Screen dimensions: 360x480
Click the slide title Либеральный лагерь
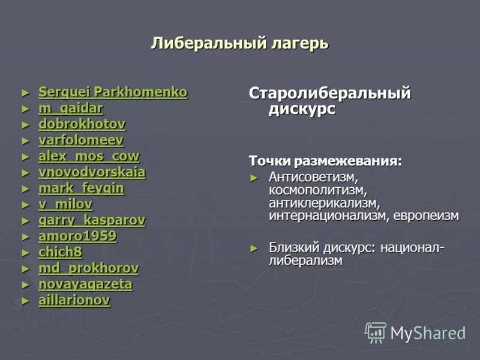point(239,43)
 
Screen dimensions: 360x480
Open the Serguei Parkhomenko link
point(113,92)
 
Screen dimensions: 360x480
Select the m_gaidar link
point(71,109)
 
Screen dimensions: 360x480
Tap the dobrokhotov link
point(82,124)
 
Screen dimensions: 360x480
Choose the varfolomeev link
point(81,140)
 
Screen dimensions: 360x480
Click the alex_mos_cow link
point(89,157)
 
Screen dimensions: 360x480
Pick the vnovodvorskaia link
point(92,172)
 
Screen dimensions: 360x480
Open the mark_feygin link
point(81,188)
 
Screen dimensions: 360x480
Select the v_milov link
point(65,204)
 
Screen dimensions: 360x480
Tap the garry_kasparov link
point(92,220)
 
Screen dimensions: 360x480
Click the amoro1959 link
point(77,236)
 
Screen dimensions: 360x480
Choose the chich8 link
point(60,252)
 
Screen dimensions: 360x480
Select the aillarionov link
point(74,300)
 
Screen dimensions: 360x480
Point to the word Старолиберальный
point(329,94)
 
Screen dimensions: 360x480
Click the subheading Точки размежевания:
point(325,161)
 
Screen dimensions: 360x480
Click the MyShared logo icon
point(376,332)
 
